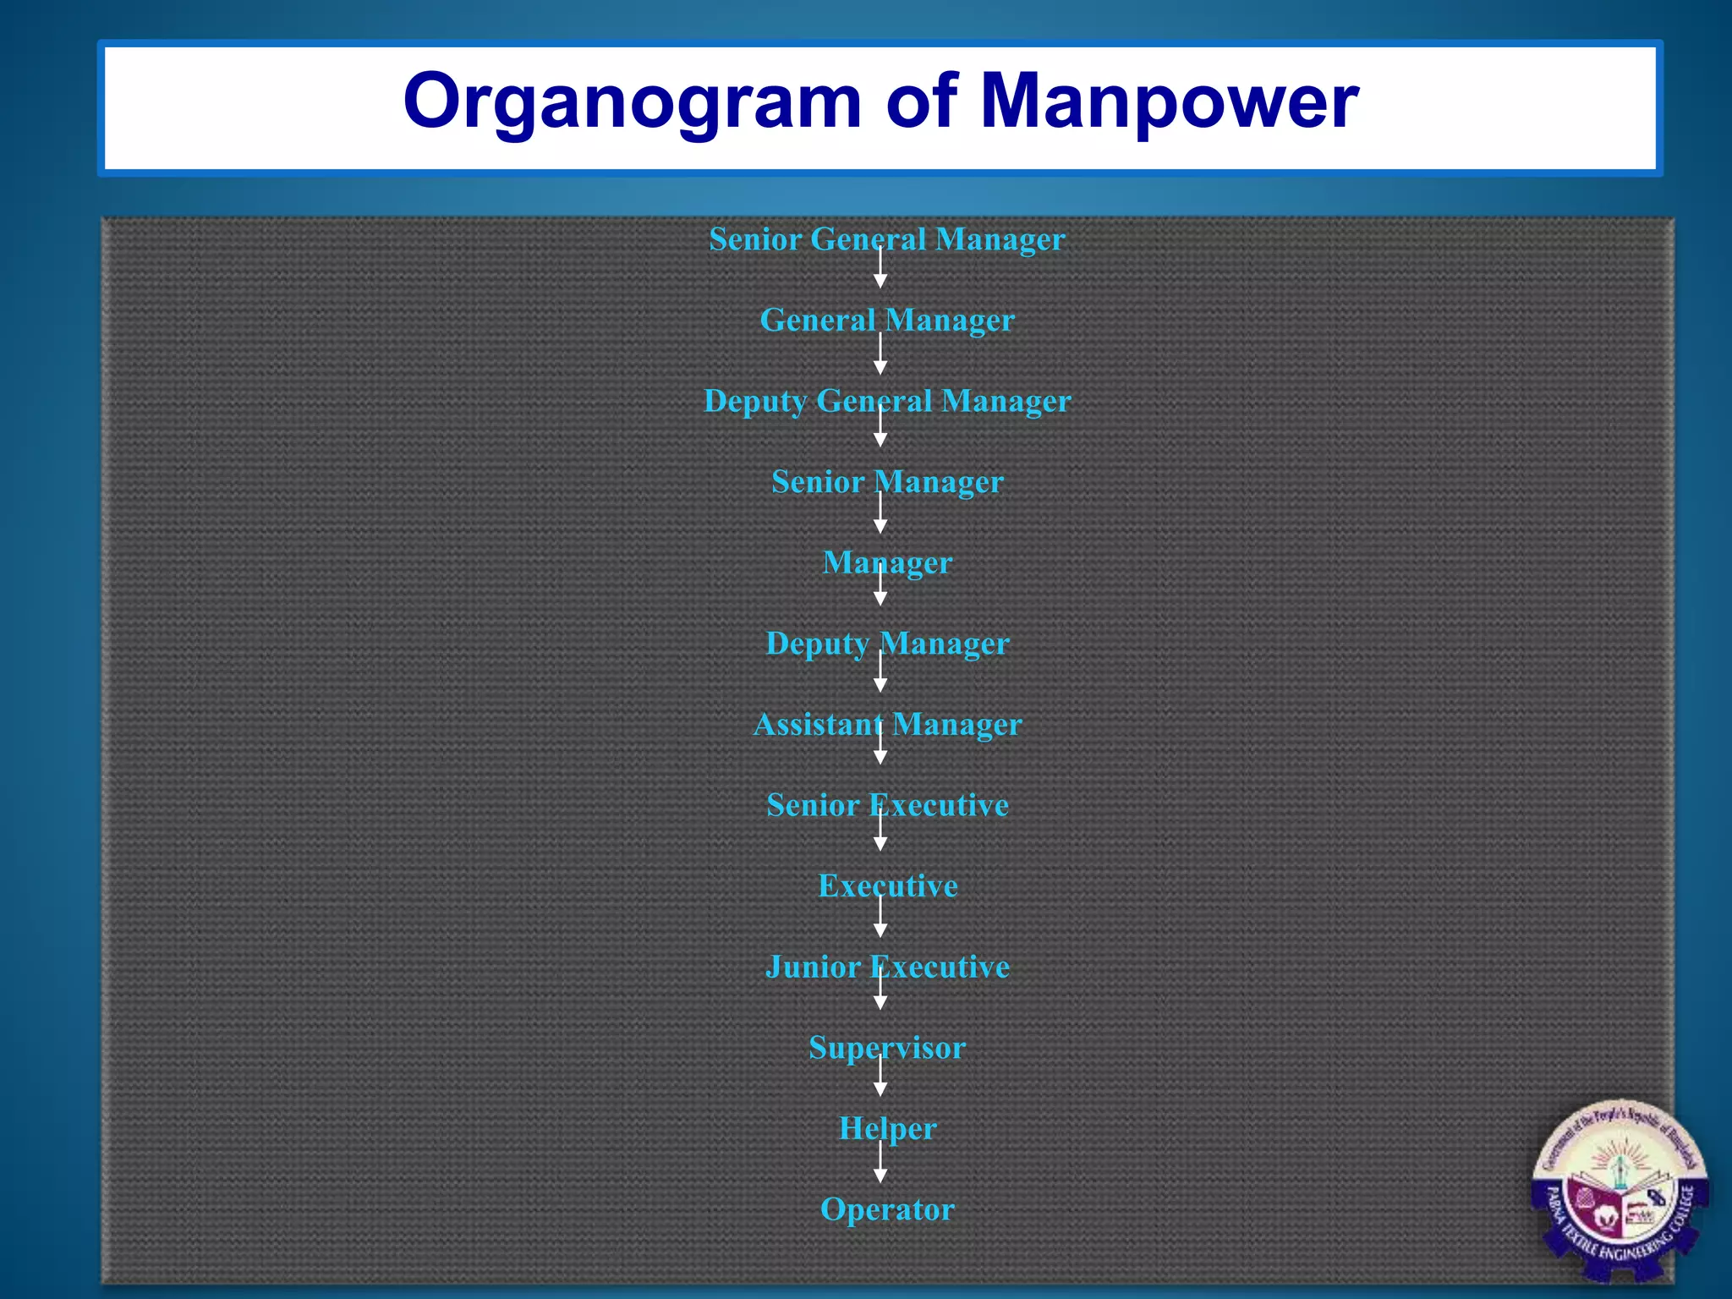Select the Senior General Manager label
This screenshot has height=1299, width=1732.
coord(886,239)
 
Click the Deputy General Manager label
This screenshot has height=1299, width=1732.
coord(887,401)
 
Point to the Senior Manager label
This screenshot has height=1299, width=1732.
coord(887,482)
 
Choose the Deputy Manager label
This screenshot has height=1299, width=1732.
coord(887,644)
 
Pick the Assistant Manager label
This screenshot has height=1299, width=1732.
coord(887,725)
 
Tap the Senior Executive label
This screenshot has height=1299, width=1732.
coord(887,805)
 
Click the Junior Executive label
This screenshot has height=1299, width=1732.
coord(887,967)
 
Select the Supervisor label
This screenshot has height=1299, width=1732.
coord(887,1048)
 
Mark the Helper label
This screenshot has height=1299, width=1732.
coord(887,1129)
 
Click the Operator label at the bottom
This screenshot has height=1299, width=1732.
coord(887,1209)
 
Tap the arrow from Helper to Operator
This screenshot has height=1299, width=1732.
coord(880,1164)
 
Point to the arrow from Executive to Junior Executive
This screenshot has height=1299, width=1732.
coord(880,918)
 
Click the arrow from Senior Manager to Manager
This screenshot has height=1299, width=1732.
coord(880,514)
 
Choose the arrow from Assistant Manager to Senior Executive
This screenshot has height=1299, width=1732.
coord(880,746)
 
